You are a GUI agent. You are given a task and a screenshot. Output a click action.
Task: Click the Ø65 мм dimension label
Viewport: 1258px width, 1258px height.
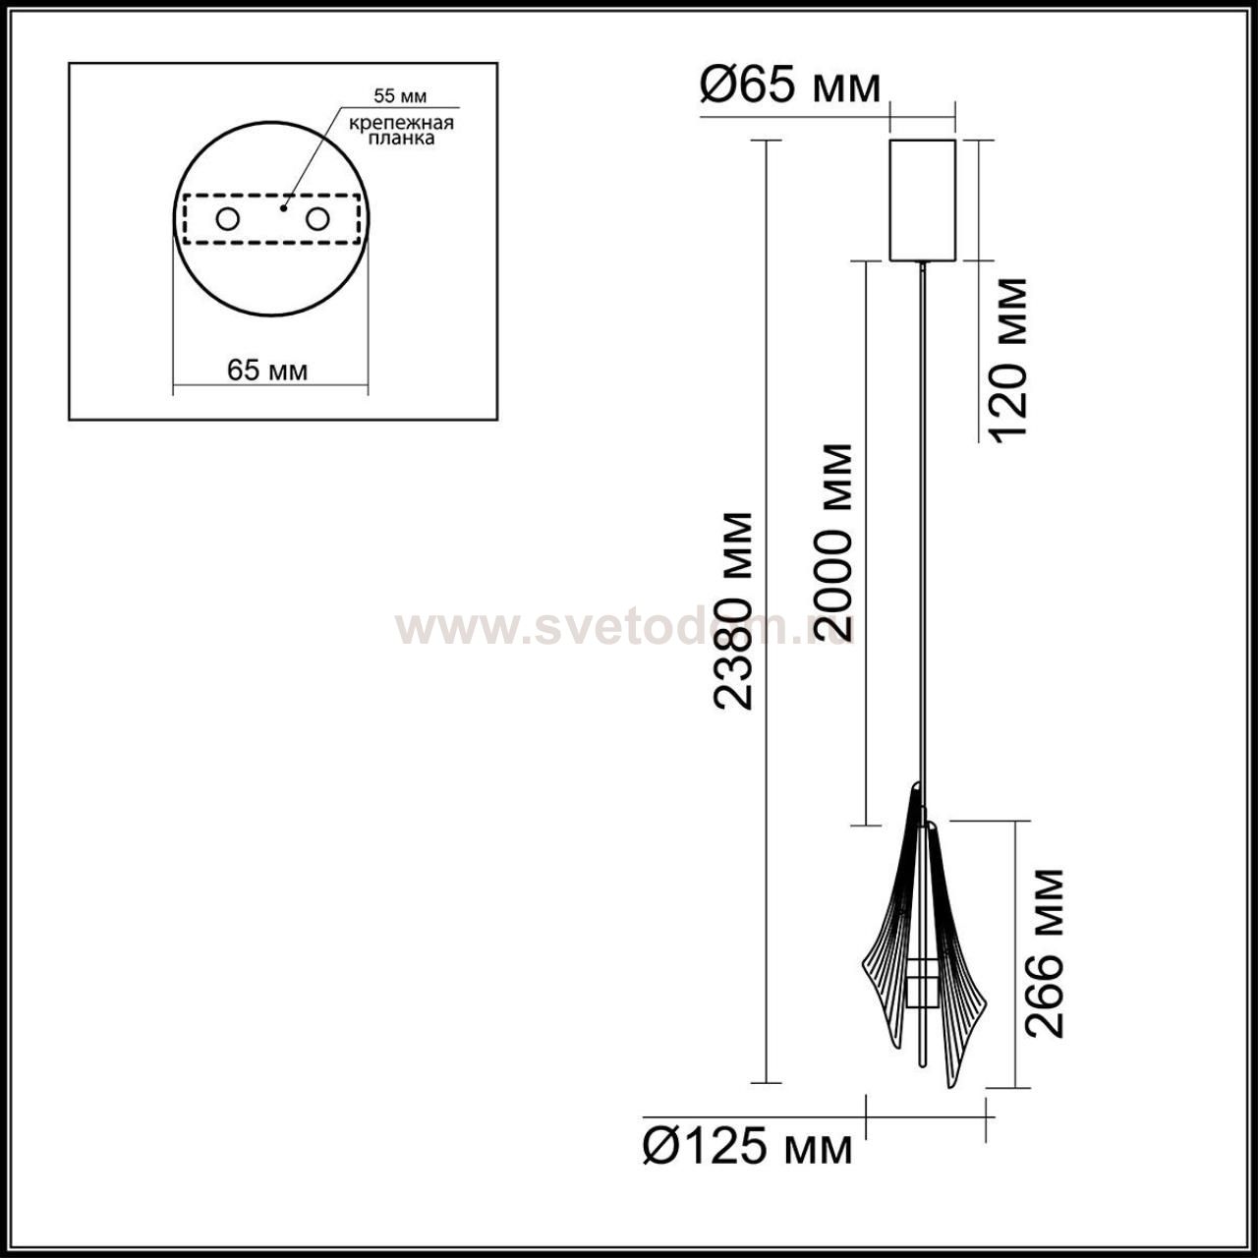[x=790, y=86]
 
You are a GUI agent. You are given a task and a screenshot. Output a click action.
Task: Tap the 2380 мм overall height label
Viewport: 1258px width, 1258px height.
[x=734, y=610]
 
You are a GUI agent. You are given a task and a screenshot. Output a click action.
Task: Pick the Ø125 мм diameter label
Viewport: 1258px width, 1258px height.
[x=748, y=1147]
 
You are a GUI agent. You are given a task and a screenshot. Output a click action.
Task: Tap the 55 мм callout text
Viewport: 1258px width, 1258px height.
[x=400, y=96]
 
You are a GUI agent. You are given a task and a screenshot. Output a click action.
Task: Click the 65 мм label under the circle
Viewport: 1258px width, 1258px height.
[x=267, y=371]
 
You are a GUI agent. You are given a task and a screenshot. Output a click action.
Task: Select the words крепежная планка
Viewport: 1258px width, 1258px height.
[x=401, y=131]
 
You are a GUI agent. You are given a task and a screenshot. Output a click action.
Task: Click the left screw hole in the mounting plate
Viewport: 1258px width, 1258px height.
[x=227, y=219]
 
